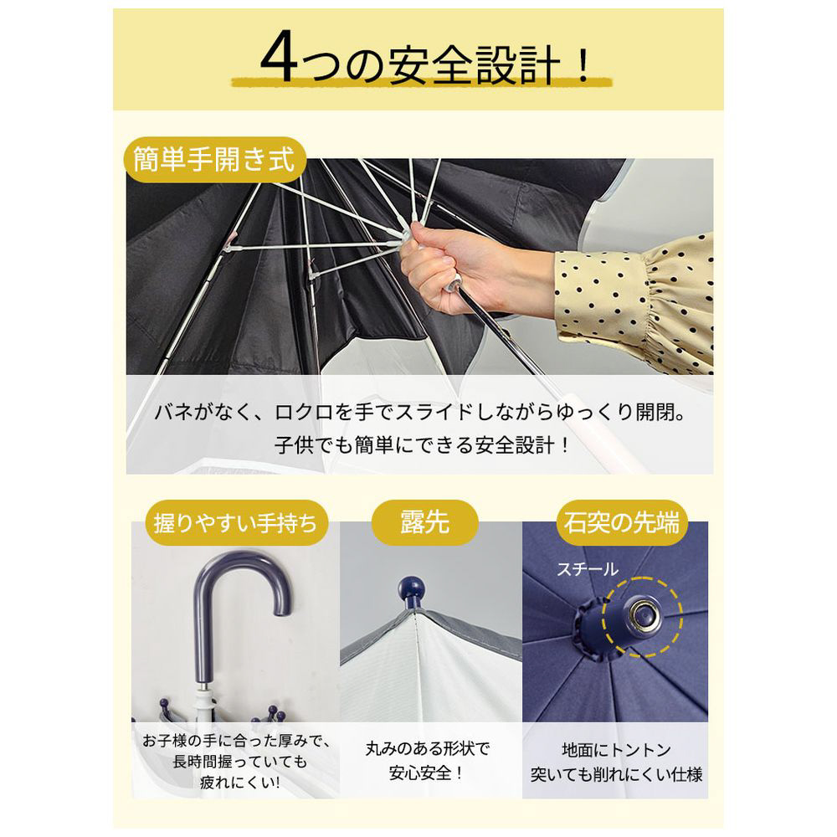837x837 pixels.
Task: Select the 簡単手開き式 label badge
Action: (x=214, y=160)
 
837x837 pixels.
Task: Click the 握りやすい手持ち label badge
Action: (x=235, y=522)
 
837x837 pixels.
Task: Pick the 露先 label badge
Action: (x=425, y=522)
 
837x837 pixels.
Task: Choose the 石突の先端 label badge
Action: (x=622, y=521)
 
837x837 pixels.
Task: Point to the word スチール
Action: (x=588, y=569)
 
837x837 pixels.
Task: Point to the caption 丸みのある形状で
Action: (x=427, y=749)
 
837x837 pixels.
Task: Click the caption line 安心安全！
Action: (x=427, y=773)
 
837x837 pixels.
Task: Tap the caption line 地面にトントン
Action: (x=616, y=750)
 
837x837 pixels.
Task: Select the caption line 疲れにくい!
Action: (x=239, y=783)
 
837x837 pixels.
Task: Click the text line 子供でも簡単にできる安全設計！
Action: (x=423, y=444)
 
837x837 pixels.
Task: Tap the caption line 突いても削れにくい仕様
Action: (x=616, y=774)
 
